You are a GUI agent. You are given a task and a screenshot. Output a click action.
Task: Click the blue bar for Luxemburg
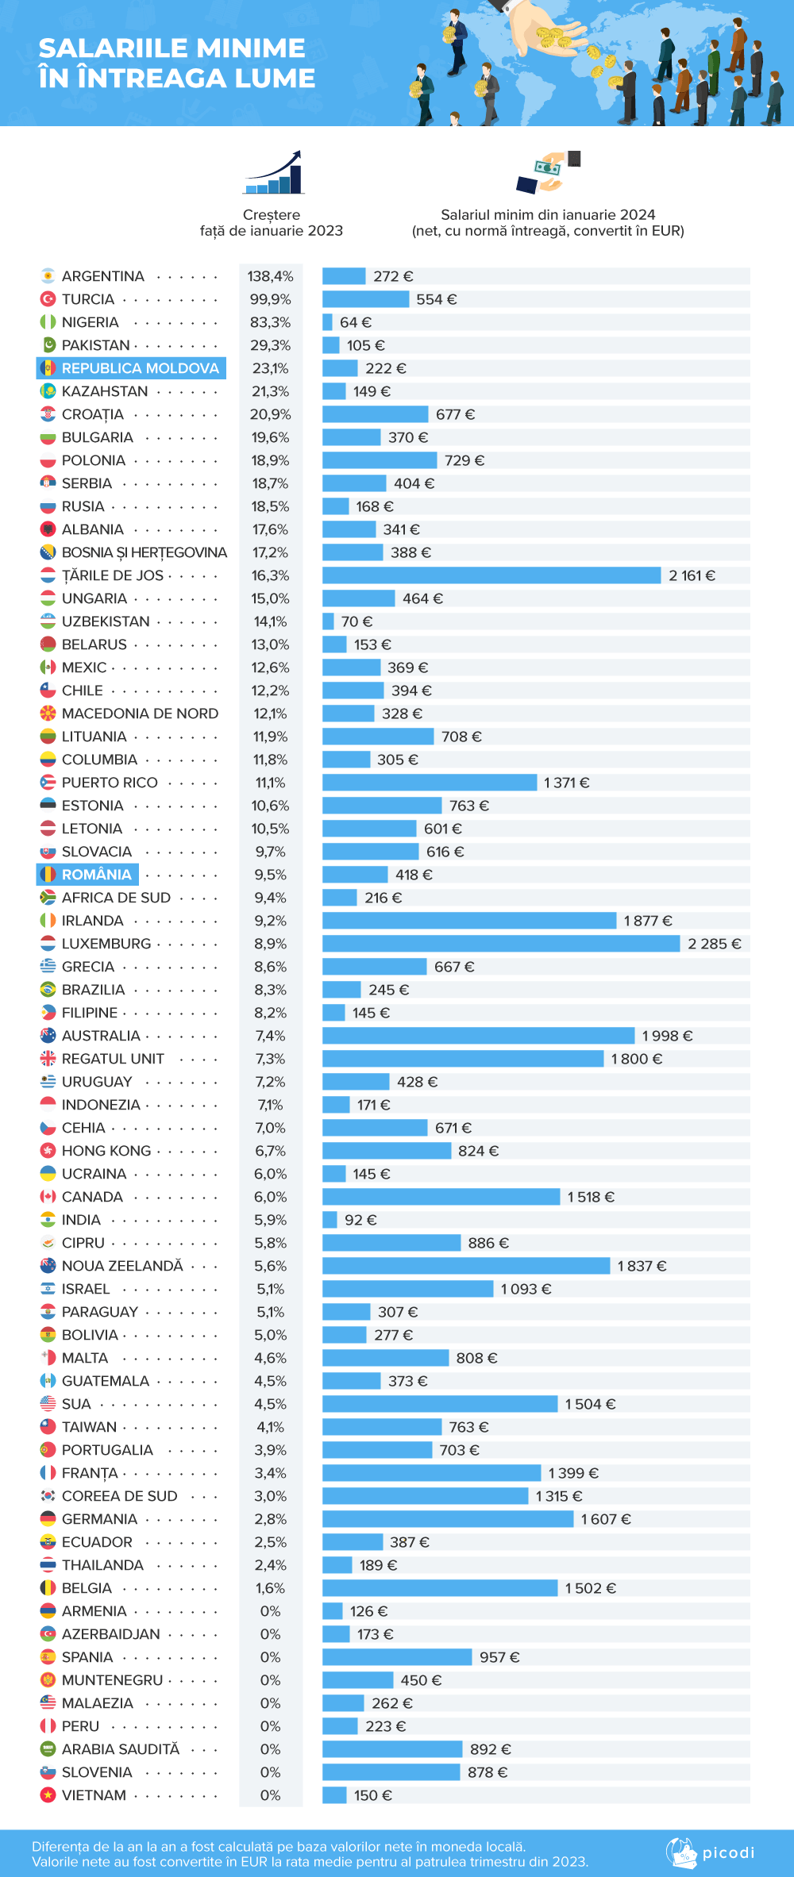pos(500,944)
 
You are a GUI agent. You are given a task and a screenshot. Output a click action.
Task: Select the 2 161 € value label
pos(692,575)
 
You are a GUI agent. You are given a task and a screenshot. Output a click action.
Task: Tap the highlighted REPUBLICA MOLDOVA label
pos(140,368)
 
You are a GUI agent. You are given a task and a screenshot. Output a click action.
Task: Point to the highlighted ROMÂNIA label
pos(96,875)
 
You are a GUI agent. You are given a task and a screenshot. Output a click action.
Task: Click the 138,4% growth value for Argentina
pos(270,276)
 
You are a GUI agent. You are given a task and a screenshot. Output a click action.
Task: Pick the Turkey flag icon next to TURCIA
pos(48,299)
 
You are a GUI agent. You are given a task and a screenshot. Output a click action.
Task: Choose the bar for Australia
pos(478,1036)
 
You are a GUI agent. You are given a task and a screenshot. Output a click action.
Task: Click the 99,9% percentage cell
pos(270,299)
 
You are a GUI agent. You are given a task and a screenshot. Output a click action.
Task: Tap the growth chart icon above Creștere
pos(274,172)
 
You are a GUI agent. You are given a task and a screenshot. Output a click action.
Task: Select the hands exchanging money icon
pos(548,172)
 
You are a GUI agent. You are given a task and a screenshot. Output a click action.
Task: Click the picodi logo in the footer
pos(711,1853)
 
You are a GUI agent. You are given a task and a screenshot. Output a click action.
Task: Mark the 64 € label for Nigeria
pos(355,322)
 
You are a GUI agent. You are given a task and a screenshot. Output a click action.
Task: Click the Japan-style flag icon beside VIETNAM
pos(48,1795)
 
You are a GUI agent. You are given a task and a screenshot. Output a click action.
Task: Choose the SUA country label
pos(76,1404)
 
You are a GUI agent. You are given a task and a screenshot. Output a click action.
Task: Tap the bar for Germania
pos(447,1519)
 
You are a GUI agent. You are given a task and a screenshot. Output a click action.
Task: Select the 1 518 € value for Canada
pos(590,1197)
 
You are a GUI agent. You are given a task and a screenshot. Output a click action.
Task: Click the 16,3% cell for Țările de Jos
pos(270,575)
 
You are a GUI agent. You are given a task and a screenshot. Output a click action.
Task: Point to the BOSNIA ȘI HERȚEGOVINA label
pos(145,552)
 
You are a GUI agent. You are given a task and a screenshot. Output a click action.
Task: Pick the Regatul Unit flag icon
pos(48,1059)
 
